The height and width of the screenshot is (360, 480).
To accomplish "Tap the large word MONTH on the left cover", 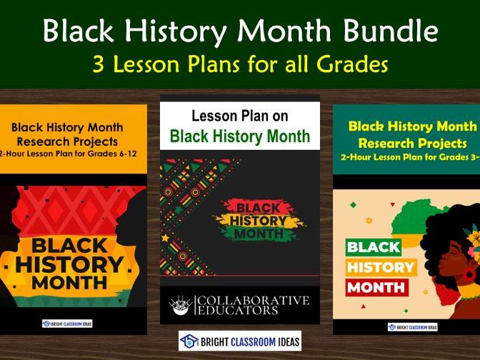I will click(x=69, y=284).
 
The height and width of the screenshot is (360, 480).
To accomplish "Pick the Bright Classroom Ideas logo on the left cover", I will click(x=67, y=323).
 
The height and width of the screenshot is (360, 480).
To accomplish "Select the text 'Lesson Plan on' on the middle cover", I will click(x=239, y=116).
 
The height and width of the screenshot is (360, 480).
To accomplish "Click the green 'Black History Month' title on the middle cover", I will click(x=239, y=136).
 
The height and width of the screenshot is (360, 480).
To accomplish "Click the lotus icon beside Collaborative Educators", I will click(x=179, y=306).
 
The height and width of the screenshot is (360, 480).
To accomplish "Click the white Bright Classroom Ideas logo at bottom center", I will click(x=239, y=341).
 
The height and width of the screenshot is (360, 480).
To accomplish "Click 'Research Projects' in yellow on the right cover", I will click(x=412, y=142).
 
